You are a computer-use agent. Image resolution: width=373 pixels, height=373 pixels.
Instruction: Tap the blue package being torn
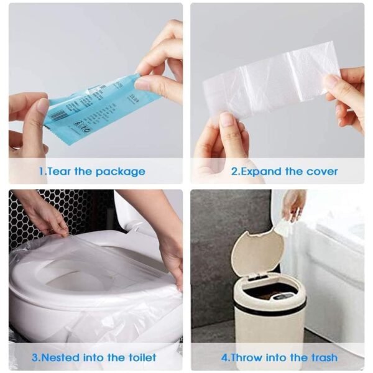(99, 106)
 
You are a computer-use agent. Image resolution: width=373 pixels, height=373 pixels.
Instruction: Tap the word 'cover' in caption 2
(320, 171)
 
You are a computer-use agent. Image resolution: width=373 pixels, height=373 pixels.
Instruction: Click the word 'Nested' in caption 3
(58, 357)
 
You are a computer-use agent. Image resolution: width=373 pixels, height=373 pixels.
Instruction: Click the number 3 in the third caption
(35, 357)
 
